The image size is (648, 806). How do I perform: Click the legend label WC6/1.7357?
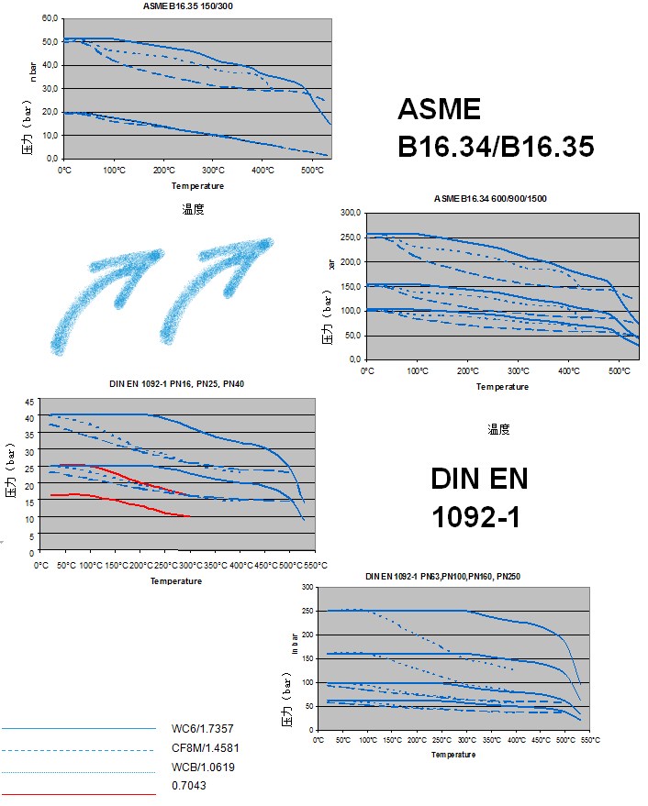204,729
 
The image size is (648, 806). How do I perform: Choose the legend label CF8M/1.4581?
206,748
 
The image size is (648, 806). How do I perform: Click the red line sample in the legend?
78,793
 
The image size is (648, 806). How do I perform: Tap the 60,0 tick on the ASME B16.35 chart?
50,18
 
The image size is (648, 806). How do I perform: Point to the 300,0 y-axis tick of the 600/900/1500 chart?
350,213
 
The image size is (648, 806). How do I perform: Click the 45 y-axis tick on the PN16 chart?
29,402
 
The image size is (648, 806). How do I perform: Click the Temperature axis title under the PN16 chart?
176,580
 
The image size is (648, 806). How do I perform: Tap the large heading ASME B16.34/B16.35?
496,128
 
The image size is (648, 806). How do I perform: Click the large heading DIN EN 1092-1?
479,498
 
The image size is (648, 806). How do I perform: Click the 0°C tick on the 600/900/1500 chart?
366,371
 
